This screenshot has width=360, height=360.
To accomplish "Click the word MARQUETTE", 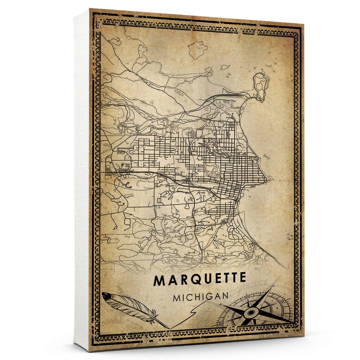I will (x=200, y=280).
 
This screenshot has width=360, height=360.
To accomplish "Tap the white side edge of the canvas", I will (x=81, y=180).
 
